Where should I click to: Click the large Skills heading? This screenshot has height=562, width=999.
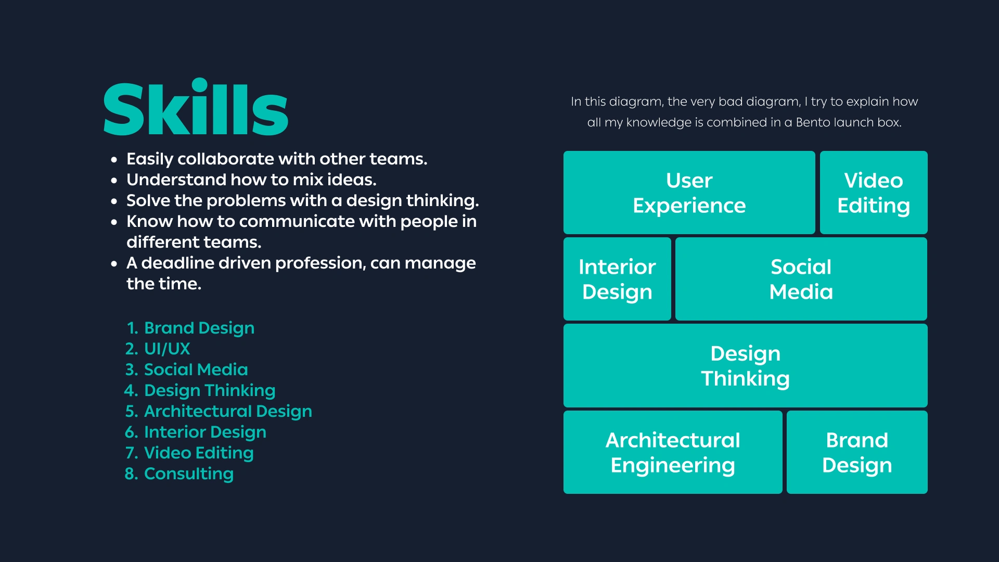tap(196, 107)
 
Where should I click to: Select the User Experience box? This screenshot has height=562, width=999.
tap(689, 193)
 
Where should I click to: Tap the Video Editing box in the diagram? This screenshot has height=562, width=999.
tap(874, 193)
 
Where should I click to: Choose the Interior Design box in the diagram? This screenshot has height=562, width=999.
tap(617, 279)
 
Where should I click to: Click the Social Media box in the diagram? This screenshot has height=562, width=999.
tap(801, 279)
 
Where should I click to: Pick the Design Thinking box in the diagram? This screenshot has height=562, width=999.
tap(746, 365)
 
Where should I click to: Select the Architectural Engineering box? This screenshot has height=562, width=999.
tap(673, 452)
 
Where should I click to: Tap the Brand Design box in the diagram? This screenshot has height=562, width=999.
tap(857, 452)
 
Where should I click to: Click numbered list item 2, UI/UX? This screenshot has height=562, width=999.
tap(158, 349)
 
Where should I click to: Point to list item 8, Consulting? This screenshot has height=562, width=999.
tap(179, 474)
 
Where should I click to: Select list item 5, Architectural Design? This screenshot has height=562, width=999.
tap(219, 412)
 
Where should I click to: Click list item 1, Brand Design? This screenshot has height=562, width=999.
tap(190, 328)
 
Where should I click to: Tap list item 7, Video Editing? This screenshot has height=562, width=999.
tap(189, 453)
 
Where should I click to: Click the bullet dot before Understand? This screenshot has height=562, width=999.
tap(114, 181)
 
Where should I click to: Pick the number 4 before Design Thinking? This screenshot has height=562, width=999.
tap(130, 390)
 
